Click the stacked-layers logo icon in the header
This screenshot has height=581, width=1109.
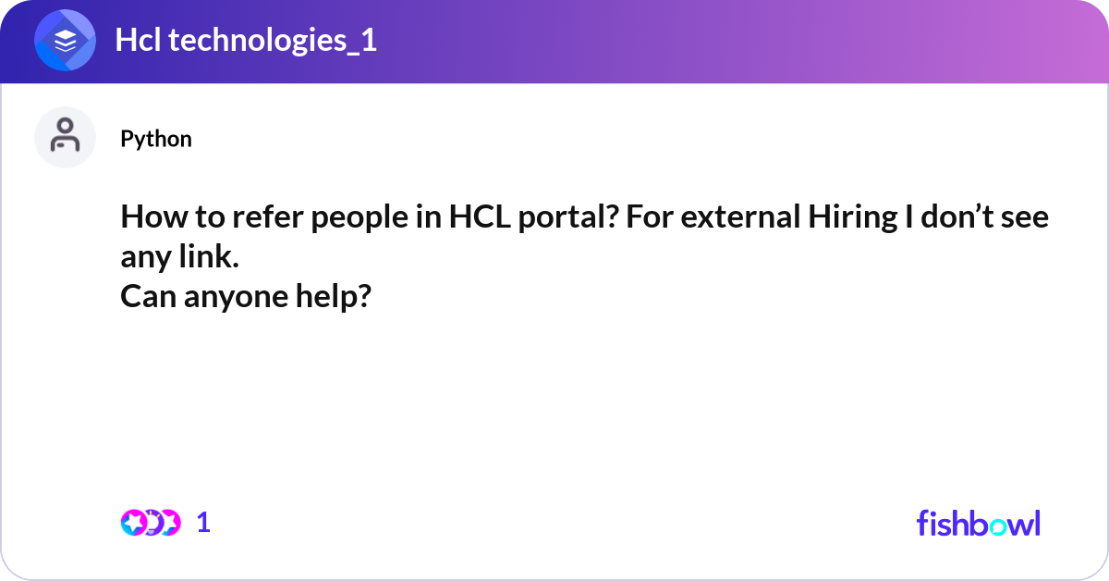coord(65,41)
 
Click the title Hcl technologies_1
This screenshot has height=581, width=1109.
coord(246,41)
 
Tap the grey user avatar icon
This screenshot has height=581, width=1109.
coord(65,137)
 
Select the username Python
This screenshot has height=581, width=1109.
coord(156,139)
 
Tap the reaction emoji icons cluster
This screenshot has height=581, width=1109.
coord(150,523)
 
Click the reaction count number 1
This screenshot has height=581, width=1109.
coord(204,523)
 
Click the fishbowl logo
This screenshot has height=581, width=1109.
coord(978,523)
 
